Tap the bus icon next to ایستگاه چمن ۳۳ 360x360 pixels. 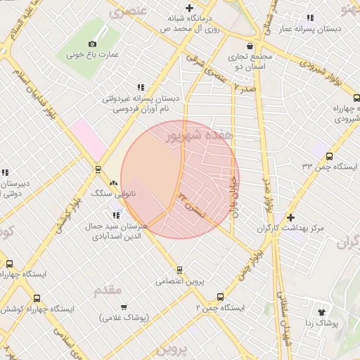coord(330,157)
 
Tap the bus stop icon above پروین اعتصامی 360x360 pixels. coord(179,269)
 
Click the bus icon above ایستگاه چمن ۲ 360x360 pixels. coord(220,297)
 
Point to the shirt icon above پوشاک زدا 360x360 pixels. coord(323,311)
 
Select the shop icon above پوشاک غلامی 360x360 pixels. coord(124,307)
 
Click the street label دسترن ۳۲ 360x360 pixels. coord(191,201)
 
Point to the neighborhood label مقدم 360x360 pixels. coord(107,289)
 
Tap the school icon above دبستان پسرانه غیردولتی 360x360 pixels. coord(141,86)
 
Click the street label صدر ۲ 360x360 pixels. coord(243,87)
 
